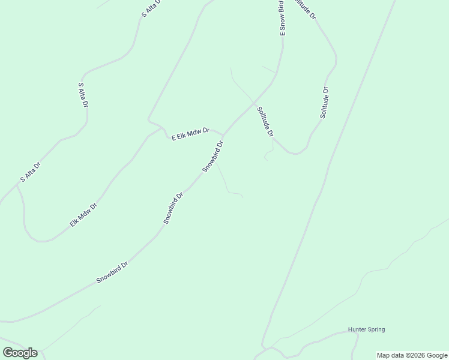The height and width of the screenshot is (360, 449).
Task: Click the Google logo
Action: tap(20, 353)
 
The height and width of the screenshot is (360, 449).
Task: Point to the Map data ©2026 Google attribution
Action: tap(412, 355)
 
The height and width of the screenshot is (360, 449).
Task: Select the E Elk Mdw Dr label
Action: tap(190, 134)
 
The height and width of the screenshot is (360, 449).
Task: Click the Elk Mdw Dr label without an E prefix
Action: tap(83, 215)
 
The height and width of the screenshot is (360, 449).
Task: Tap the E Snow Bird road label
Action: tap(281, 18)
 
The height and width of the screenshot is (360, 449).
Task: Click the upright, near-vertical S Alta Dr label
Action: tap(83, 95)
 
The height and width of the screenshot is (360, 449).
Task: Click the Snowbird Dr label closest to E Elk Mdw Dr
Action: tap(212, 157)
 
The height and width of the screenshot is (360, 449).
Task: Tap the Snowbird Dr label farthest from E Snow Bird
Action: tap(113, 272)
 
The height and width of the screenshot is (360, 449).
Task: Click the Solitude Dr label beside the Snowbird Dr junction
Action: tap(265, 121)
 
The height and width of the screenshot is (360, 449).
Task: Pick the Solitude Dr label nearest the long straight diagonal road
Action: tap(324, 103)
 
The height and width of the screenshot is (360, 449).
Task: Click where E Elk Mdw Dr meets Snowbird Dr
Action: tap(223, 135)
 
